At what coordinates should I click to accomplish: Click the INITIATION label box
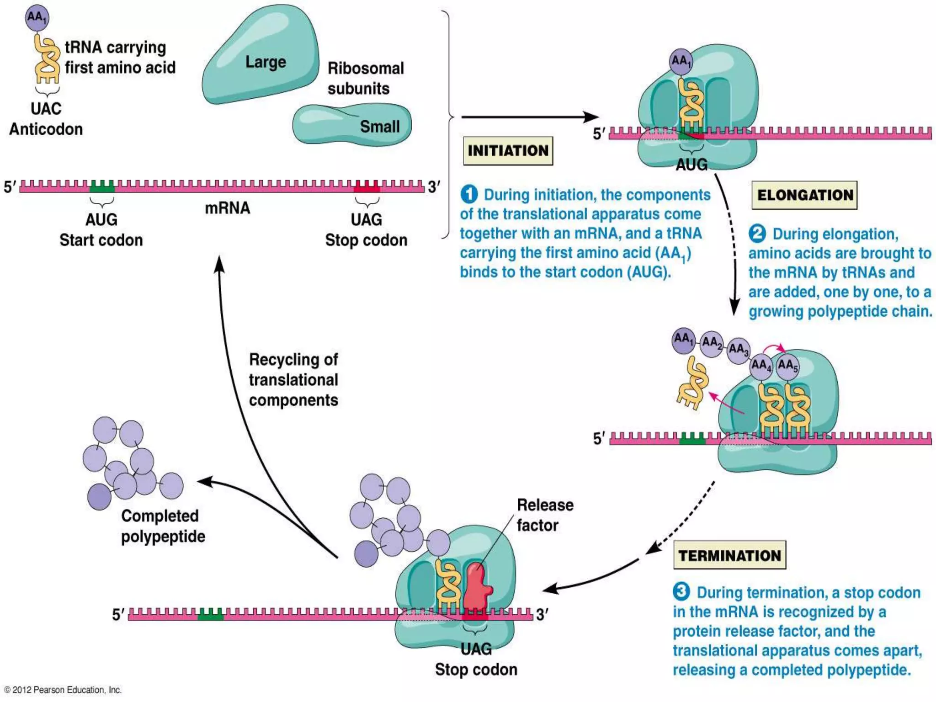pyautogui.click(x=508, y=151)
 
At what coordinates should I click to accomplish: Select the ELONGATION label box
pyautogui.click(x=804, y=195)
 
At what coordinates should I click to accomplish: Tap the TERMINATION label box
pyautogui.click(x=729, y=555)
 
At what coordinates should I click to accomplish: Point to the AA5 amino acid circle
pyautogui.click(x=787, y=366)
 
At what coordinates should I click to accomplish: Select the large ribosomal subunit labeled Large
pyautogui.click(x=263, y=57)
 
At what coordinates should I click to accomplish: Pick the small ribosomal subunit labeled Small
pyautogui.click(x=352, y=125)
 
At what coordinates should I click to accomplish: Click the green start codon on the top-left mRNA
pyautogui.click(x=102, y=186)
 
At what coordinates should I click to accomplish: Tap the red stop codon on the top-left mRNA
pyautogui.click(x=367, y=186)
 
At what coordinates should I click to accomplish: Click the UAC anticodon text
pyautogui.click(x=46, y=109)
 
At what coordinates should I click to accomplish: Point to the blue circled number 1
pyautogui.click(x=469, y=195)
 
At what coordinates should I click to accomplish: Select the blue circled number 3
pyautogui.click(x=681, y=591)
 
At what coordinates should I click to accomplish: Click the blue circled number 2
pyautogui.click(x=757, y=234)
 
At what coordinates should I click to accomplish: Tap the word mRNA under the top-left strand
pyautogui.click(x=227, y=208)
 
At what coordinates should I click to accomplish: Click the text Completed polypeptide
pyautogui.click(x=162, y=526)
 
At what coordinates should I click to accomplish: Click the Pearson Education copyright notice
pyautogui.click(x=63, y=690)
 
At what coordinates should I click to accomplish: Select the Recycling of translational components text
pyautogui.click(x=293, y=380)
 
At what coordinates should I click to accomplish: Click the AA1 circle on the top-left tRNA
pyautogui.click(x=37, y=18)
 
